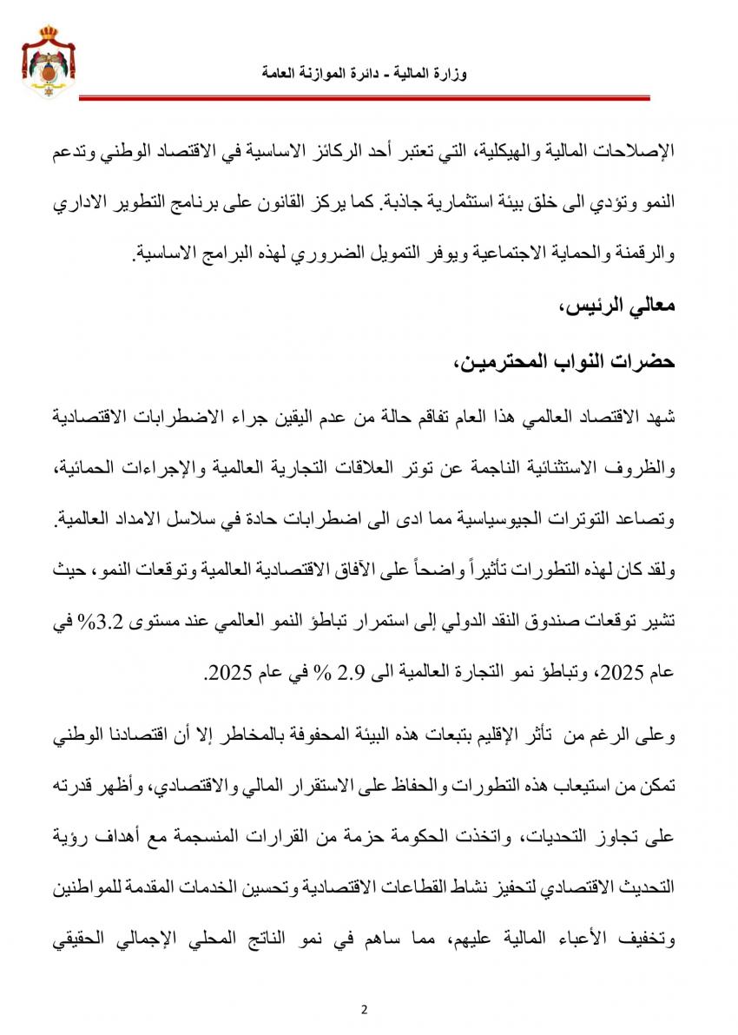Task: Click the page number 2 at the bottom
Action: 365,1009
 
